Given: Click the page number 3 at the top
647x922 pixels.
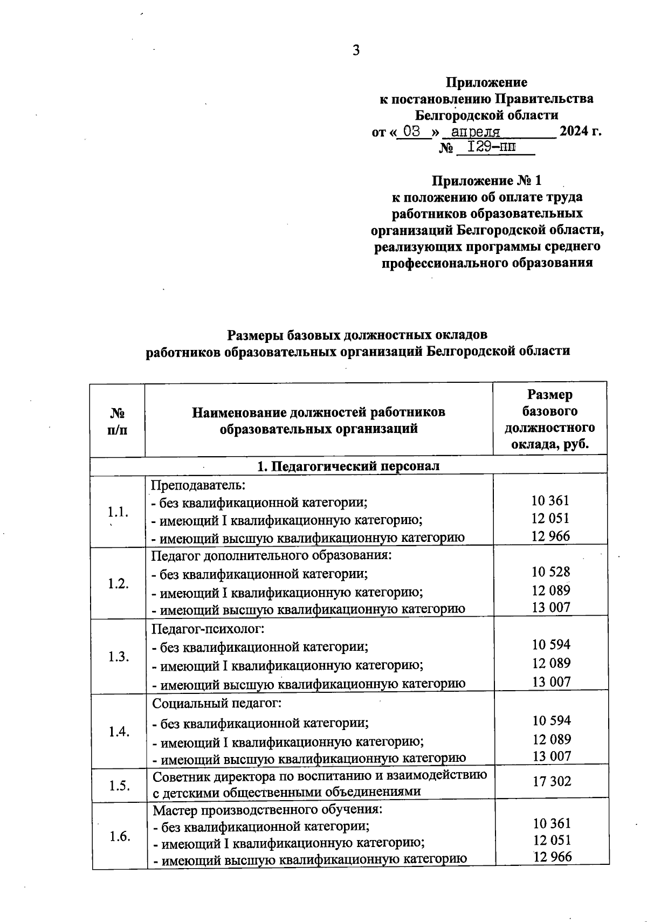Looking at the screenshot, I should point(355,51).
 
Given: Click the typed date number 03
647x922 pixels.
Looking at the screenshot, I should point(411,132).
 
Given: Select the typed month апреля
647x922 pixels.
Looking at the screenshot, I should point(476,132).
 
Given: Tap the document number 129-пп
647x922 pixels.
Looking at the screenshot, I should point(491,147).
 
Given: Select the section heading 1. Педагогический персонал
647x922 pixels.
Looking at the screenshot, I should point(348,466).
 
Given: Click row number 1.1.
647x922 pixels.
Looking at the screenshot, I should point(118,511).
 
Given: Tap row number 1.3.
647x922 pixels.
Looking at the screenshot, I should point(118,656).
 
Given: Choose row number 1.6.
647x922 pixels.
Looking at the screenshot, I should point(120,837).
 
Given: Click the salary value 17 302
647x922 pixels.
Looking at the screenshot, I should point(552,781).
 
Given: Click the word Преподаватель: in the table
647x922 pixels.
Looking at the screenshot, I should point(198,485).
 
